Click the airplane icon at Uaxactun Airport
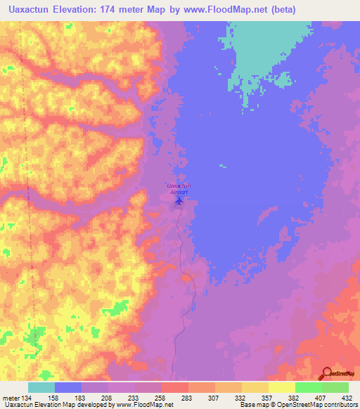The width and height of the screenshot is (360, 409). coord(179,201)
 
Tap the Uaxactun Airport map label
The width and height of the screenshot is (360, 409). coord(179,188)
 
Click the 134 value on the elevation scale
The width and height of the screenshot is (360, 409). coord(27,398)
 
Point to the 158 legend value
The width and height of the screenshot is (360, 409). coord(54,398)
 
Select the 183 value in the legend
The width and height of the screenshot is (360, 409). coord(82,398)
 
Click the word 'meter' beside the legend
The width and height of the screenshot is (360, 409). coord(11,398)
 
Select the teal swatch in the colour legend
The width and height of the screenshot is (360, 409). coord(41,387)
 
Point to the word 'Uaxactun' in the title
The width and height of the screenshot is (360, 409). coord(26,9)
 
